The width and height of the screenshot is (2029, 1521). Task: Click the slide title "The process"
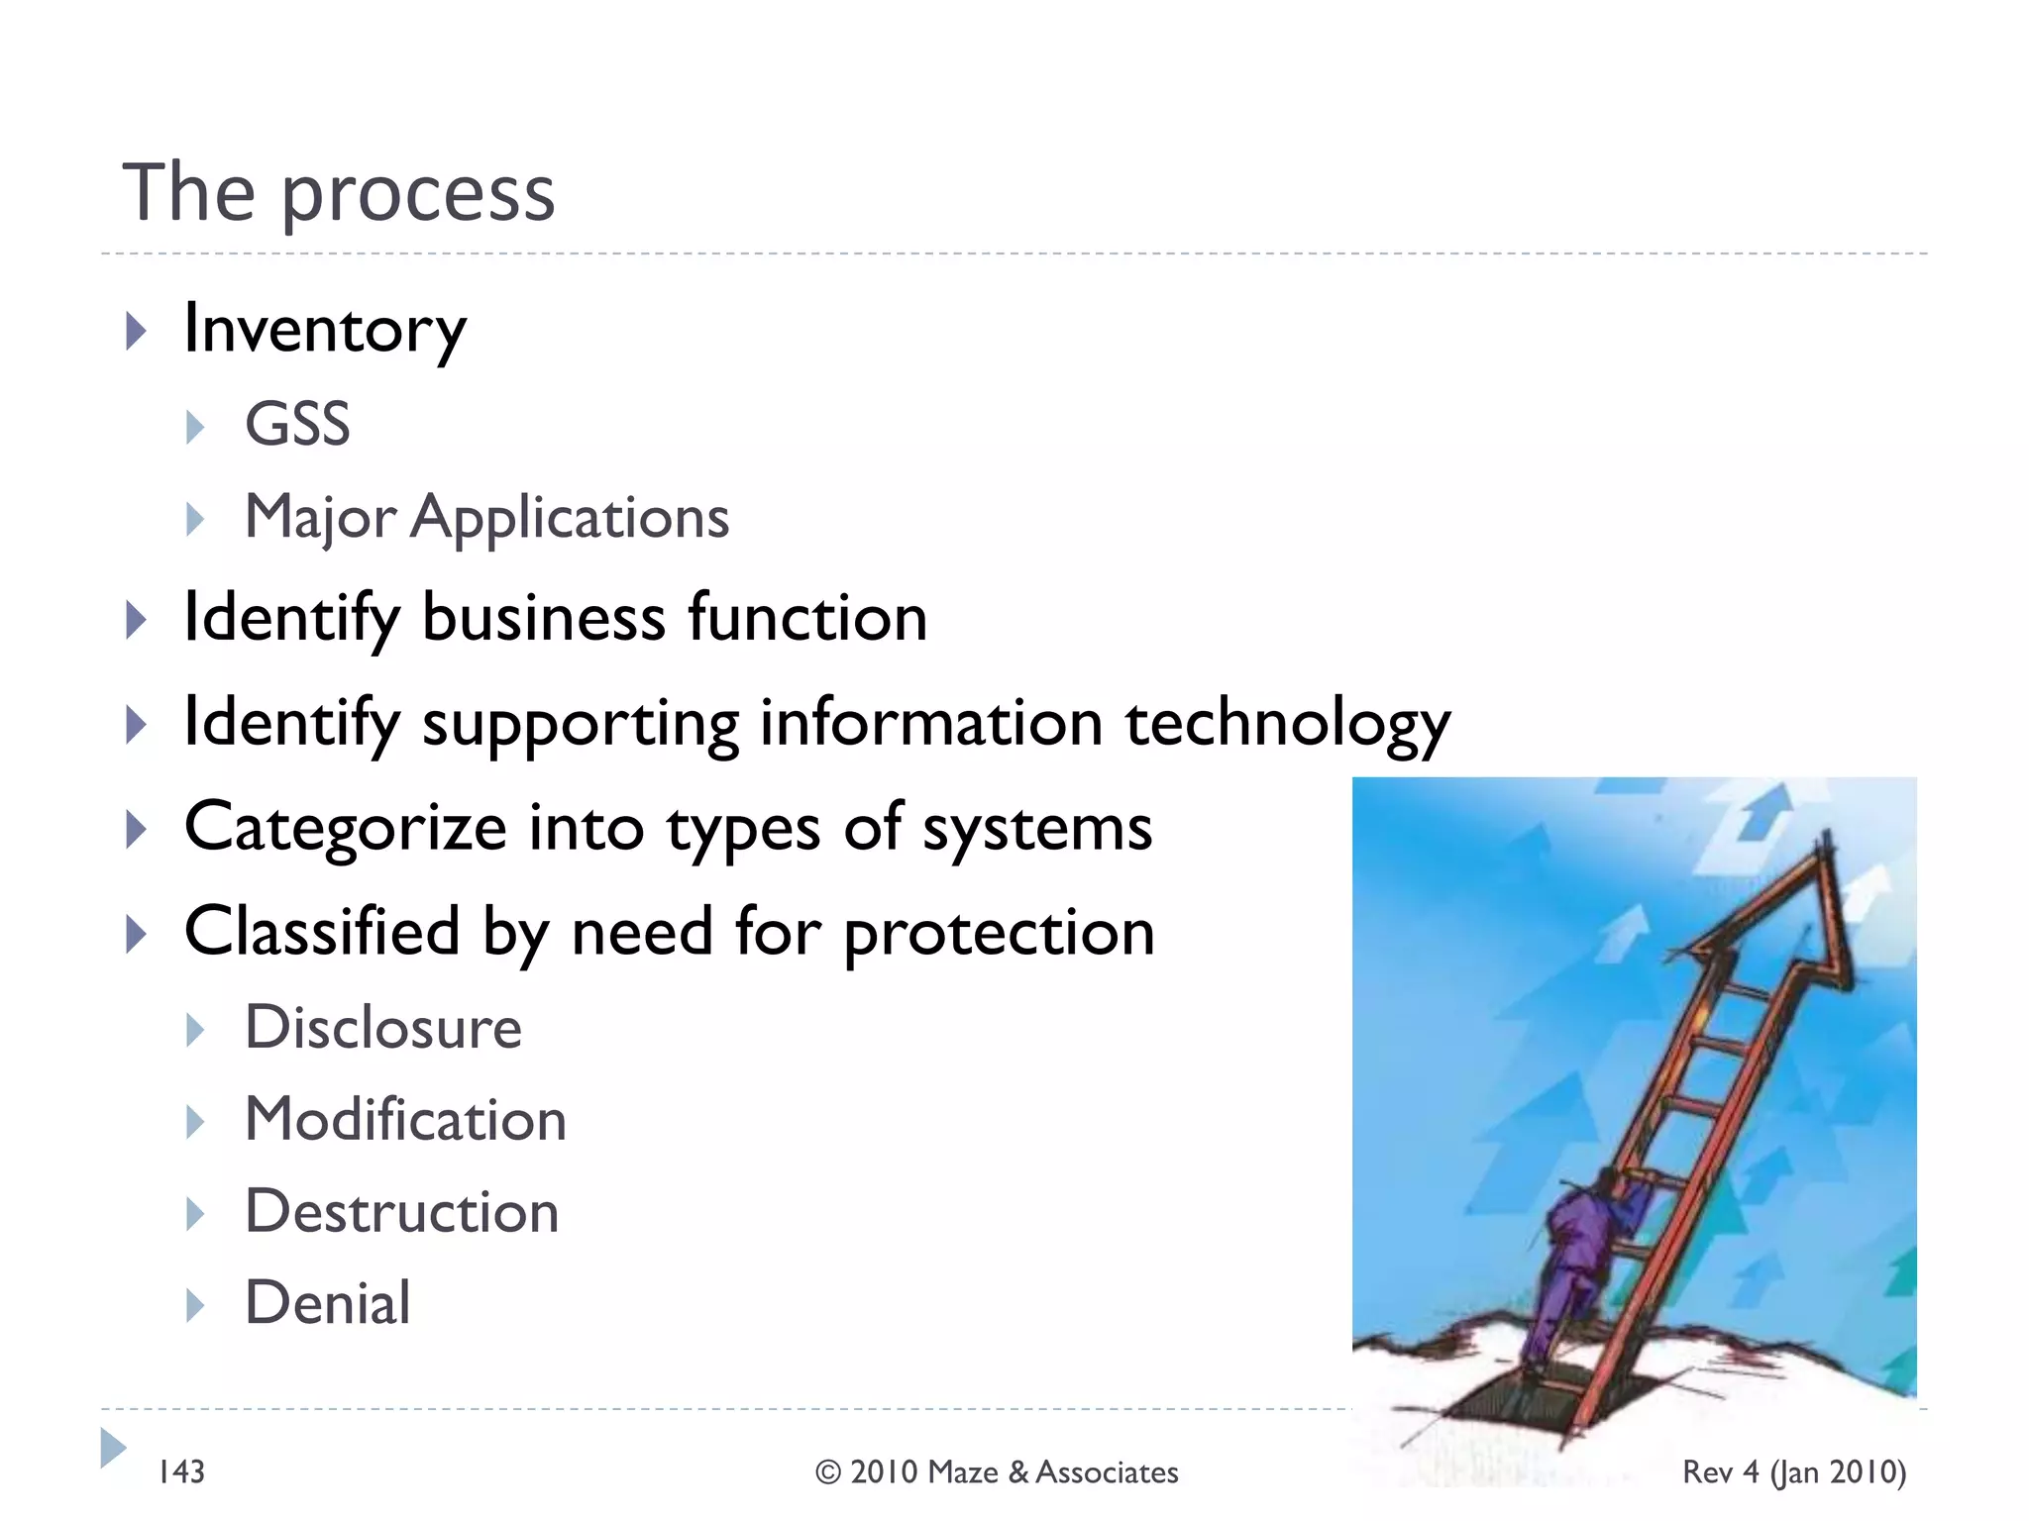point(338,192)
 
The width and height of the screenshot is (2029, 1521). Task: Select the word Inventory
point(324,329)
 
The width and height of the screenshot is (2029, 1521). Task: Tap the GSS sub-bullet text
point(297,424)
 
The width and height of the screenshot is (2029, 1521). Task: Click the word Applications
point(570,518)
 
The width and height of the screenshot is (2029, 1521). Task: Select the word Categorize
point(345,828)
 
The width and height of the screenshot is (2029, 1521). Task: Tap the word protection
point(999,933)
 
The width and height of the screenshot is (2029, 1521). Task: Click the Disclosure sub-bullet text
point(382,1027)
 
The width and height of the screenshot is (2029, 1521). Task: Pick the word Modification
point(405,1120)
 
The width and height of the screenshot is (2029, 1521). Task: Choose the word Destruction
point(401,1212)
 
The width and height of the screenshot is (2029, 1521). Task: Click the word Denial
point(327,1303)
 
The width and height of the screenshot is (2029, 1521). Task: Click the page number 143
point(181,1471)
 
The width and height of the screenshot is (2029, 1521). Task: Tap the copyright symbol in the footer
point(828,1472)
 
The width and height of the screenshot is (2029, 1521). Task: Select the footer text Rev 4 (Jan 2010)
point(1793,1471)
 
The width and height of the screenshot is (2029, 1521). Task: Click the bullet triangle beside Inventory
point(136,331)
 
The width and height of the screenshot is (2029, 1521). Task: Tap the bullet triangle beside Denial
point(195,1305)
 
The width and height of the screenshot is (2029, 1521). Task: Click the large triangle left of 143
point(112,1448)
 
